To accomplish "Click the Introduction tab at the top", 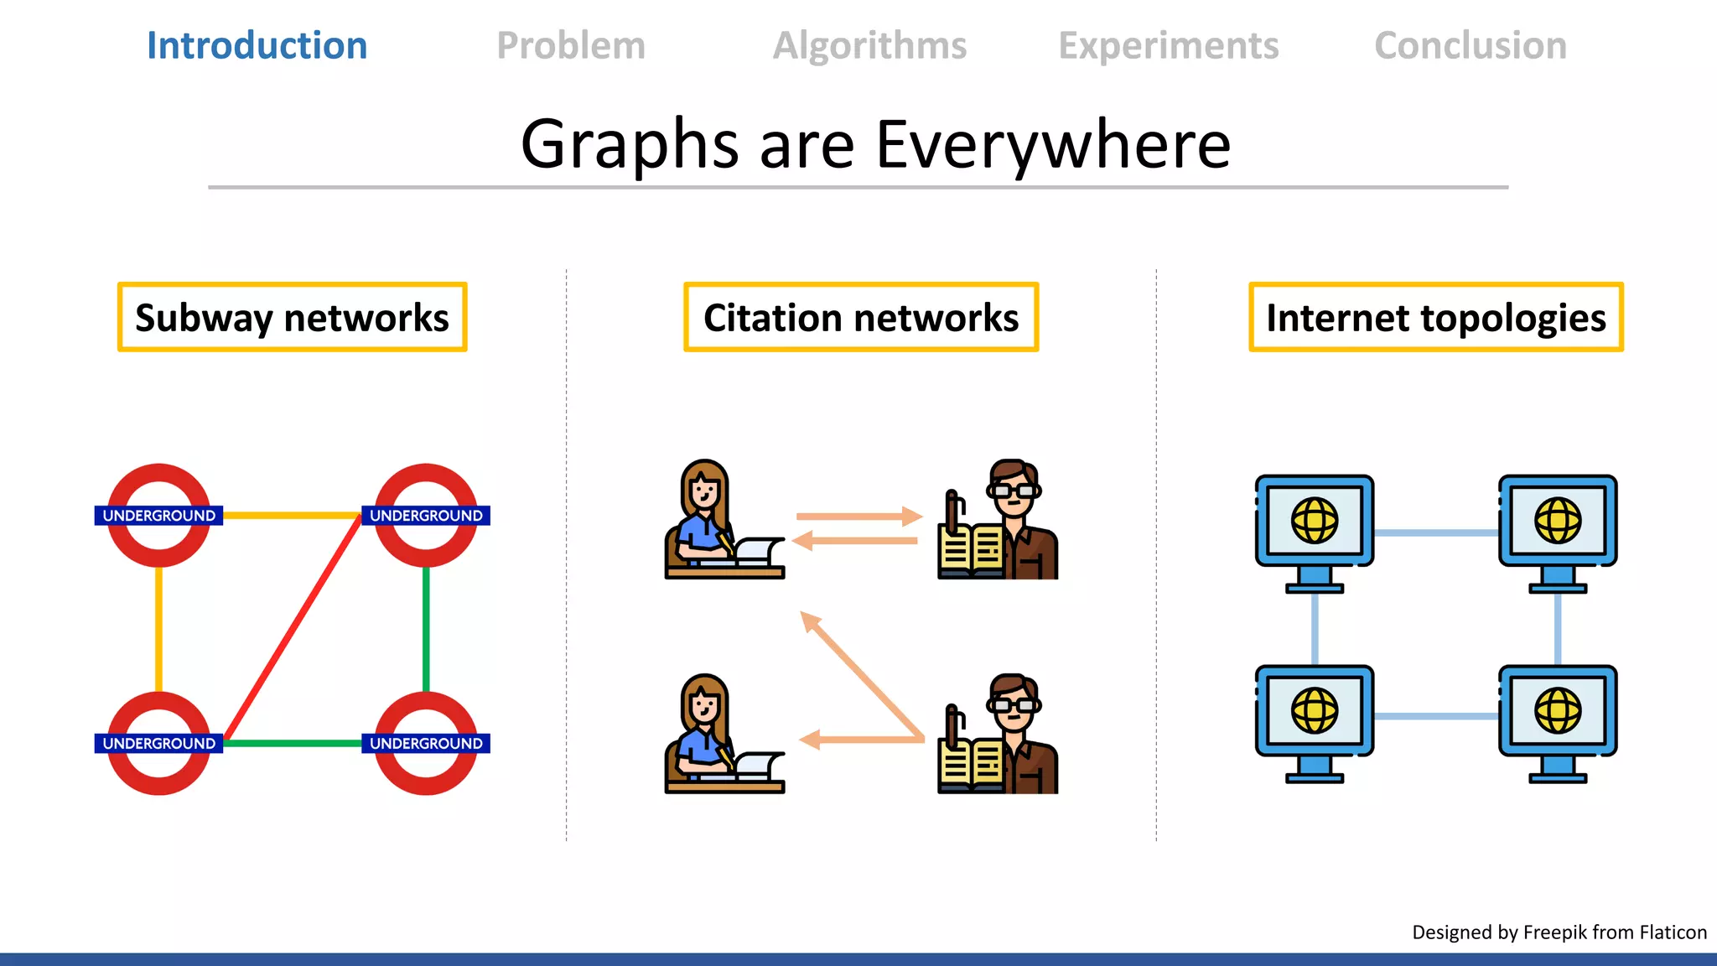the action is (x=257, y=45).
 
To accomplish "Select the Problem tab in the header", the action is (x=571, y=45).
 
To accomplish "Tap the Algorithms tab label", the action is (x=869, y=45).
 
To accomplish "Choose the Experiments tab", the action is (x=1169, y=45).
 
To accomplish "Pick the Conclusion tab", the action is (x=1471, y=45).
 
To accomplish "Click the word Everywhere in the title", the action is (x=1053, y=144).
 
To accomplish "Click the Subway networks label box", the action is (x=292, y=318).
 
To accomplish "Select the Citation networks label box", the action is (x=861, y=318).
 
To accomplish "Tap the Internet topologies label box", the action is (x=1435, y=318).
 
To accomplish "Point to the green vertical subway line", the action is (x=426, y=629).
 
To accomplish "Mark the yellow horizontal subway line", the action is (x=292, y=515).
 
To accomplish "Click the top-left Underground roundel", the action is (x=158, y=515).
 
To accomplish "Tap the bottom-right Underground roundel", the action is (x=426, y=743).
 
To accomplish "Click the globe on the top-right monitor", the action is (x=1558, y=521).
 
